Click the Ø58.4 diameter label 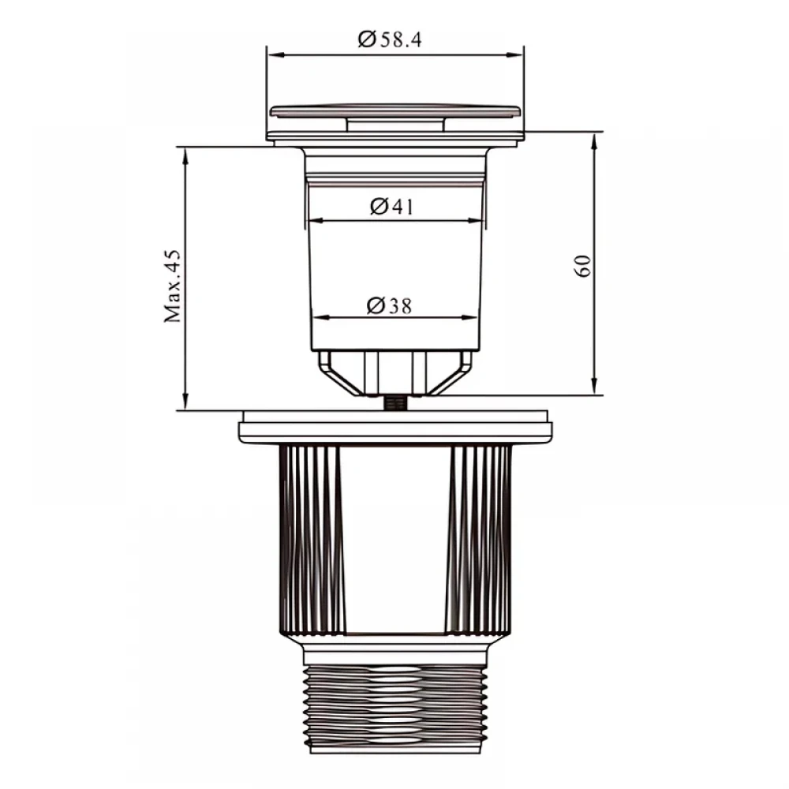point(390,39)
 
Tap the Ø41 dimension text point(391,206)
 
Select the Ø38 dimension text point(389,305)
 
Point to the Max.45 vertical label point(173,286)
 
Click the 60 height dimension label point(582,266)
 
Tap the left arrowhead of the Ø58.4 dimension point(275,54)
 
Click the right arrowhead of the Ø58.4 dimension point(515,54)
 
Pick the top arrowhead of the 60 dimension point(594,141)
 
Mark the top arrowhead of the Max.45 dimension point(185,155)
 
